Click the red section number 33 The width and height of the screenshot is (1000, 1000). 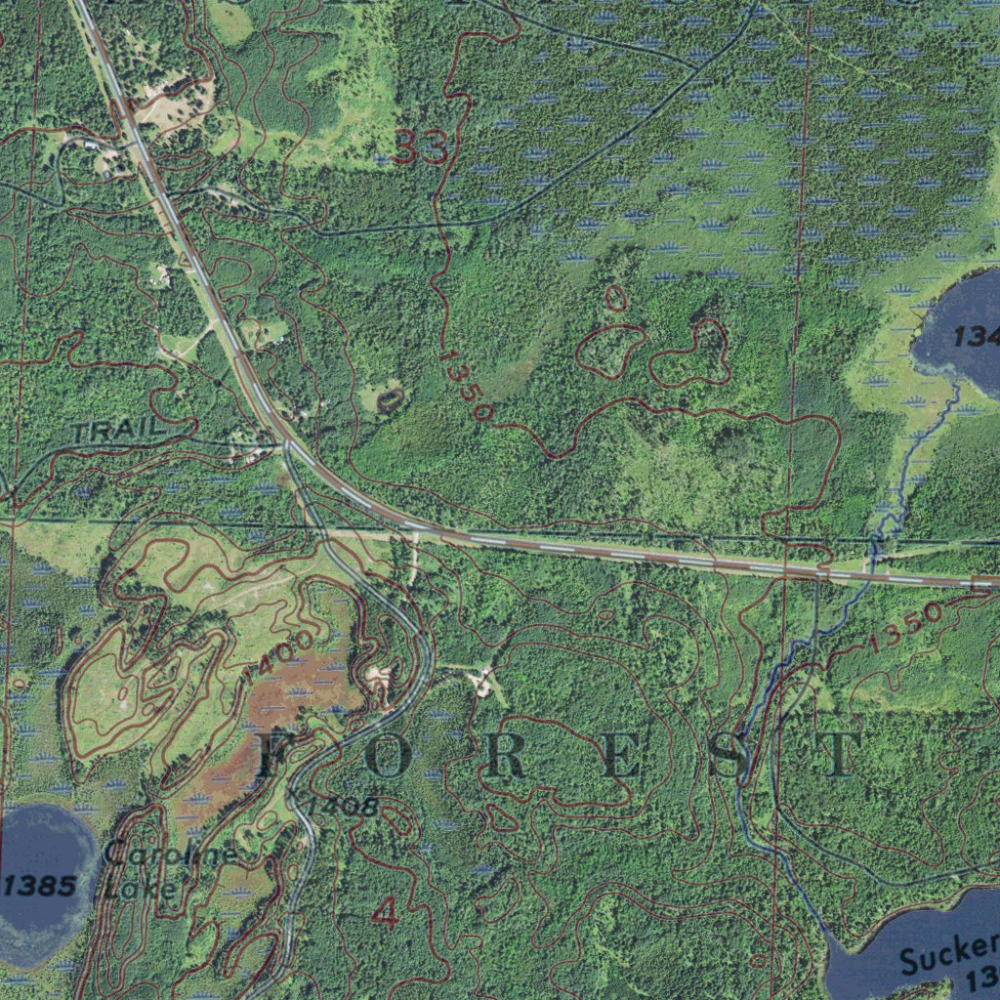(x=421, y=148)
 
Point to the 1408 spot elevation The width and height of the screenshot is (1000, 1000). (x=341, y=806)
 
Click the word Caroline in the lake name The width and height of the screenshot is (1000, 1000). (x=169, y=855)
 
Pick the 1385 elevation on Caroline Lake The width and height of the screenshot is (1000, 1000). (x=39, y=886)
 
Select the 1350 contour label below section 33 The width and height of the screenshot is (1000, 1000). (x=465, y=386)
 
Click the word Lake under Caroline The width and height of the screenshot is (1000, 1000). (x=142, y=888)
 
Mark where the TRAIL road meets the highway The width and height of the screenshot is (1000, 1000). (x=286, y=445)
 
